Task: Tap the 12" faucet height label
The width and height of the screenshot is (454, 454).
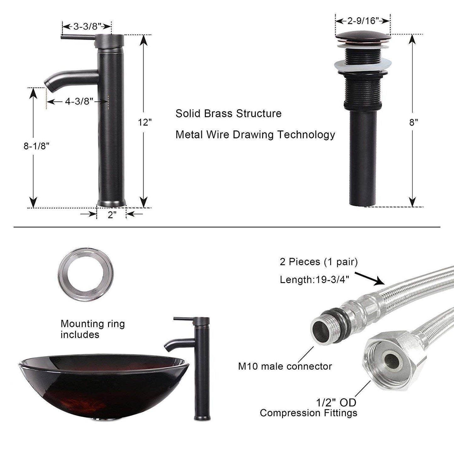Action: (x=145, y=122)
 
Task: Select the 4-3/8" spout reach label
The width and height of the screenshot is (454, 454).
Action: (x=79, y=101)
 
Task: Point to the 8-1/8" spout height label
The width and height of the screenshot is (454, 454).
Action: (x=37, y=146)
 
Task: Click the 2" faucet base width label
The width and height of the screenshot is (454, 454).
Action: (x=112, y=215)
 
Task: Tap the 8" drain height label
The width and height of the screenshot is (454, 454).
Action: (x=413, y=122)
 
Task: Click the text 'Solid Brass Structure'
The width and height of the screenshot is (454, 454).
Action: (x=228, y=113)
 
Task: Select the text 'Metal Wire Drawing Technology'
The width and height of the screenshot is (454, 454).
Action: (x=255, y=135)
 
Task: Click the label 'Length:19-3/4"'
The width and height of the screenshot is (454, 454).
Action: (x=315, y=279)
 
